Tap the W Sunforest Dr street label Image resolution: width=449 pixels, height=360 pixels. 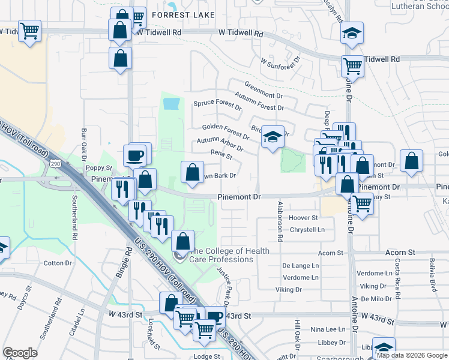280,62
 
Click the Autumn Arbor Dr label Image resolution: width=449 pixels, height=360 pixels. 220,144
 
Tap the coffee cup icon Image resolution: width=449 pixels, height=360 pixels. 134,156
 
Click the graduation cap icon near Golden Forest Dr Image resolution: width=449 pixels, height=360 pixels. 273,137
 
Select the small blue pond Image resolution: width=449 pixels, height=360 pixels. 171,104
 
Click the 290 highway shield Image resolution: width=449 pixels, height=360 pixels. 55,163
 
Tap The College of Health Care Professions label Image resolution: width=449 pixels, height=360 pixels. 229,255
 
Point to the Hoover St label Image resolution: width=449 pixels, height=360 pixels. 303,218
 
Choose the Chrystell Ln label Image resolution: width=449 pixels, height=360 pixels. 307,229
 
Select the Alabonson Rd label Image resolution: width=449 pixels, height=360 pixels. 280,221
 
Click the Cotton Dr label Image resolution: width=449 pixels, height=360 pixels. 58,263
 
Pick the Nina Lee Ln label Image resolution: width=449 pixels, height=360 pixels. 328,329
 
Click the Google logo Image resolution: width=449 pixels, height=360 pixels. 20,353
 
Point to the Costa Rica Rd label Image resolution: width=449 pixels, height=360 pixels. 397,263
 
